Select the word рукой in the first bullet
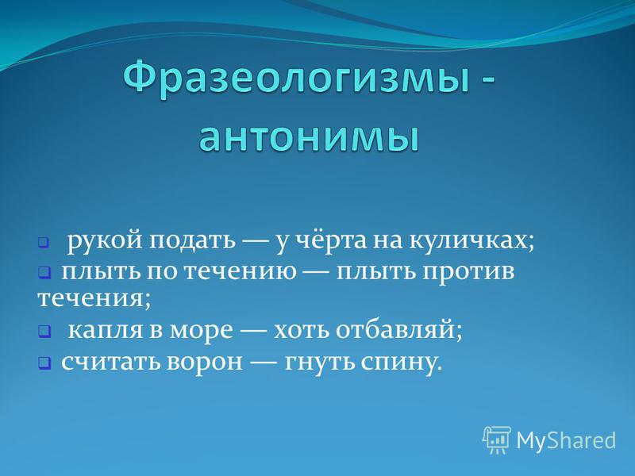[x=105, y=242]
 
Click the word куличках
[x=471, y=242]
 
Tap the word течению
[x=241, y=272]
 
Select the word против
[x=468, y=273]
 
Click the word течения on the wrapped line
[x=94, y=300]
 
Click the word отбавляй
[x=399, y=330]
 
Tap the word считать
[x=111, y=362]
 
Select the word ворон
[x=204, y=363]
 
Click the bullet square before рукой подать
[x=44, y=244]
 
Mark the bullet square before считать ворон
[x=44, y=363]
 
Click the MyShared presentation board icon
[x=497, y=440]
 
